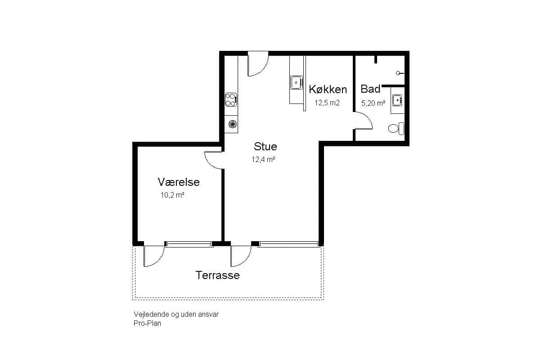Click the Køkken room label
click(328, 90)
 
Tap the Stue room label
click(265, 146)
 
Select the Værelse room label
click(179, 182)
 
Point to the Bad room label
click(370, 89)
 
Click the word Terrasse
click(217, 275)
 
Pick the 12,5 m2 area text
click(327, 103)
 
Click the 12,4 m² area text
click(264, 159)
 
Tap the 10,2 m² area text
click(172, 195)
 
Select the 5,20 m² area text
click(373, 103)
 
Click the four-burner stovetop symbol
click(231, 100)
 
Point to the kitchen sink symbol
click(296, 82)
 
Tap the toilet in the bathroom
click(396, 129)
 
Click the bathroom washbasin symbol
click(397, 100)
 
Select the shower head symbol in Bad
click(400, 73)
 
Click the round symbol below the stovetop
click(232, 124)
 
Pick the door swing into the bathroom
click(364, 121)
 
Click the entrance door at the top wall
click(258, 64)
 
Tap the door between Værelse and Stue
click(214, 160)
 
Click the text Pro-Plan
click(147, 324)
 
